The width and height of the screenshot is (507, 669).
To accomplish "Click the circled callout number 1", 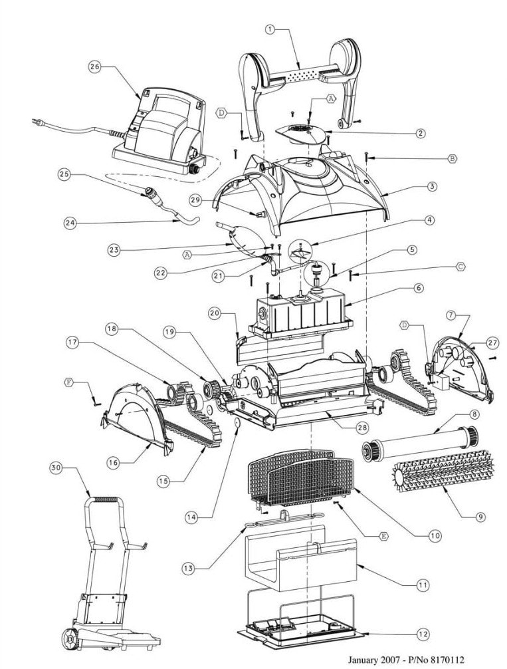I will [x=269, y=29].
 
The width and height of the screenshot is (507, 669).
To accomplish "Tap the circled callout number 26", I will [x=94, y=67].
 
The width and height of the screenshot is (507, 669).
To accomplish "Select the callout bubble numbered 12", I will [x=423, y=634].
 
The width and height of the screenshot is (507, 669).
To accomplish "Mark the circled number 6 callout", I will [x=418, y=288].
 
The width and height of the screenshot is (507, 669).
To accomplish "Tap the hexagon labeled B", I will [x=452, y=158].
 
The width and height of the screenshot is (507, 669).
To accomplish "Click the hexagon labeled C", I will [x=458, y=265].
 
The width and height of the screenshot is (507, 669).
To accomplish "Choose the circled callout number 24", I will [x=70, y=223].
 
